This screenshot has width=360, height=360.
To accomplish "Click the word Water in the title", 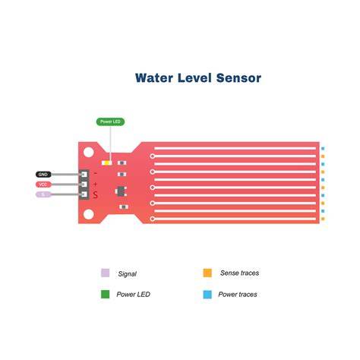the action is tap(154, 78).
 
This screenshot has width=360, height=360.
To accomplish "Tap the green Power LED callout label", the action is tap(110, 122).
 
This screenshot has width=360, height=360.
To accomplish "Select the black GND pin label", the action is tap(43, 175).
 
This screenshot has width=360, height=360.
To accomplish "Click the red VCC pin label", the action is tap(43, 185).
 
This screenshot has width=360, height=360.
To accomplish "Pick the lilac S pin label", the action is tap(43, 194).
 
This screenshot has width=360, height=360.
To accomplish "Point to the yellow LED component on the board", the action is tap(107, 163).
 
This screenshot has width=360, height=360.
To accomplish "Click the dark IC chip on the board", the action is tap(122, 191).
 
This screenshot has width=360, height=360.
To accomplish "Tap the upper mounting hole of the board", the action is tap(89, 153).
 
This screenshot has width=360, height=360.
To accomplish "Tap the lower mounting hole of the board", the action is tap(89, 214).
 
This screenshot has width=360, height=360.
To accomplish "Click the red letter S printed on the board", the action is tap(95, 195).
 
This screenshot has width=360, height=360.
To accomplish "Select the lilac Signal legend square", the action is tap(106, 273).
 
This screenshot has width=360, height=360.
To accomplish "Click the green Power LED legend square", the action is tap(106, 294).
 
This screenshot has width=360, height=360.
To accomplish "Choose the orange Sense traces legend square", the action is tap(207, 273).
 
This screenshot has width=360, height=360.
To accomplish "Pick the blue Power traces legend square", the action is tap(207, 294).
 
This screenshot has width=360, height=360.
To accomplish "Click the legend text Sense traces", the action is tap(239, 273).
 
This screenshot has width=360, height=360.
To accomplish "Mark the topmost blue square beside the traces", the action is tap(323, 149).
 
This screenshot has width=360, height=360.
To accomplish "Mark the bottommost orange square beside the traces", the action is tap(323, 219).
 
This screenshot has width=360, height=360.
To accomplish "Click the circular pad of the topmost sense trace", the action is tap(152, 156).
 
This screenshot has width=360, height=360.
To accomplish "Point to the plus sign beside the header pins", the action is tap(95, 184).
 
